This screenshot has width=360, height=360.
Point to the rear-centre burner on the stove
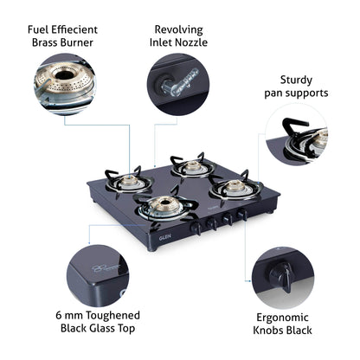click(x=191, y=164)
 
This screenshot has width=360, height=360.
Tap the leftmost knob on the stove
click(x=196, y=228)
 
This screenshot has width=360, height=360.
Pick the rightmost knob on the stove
click(x=243, y=213)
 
